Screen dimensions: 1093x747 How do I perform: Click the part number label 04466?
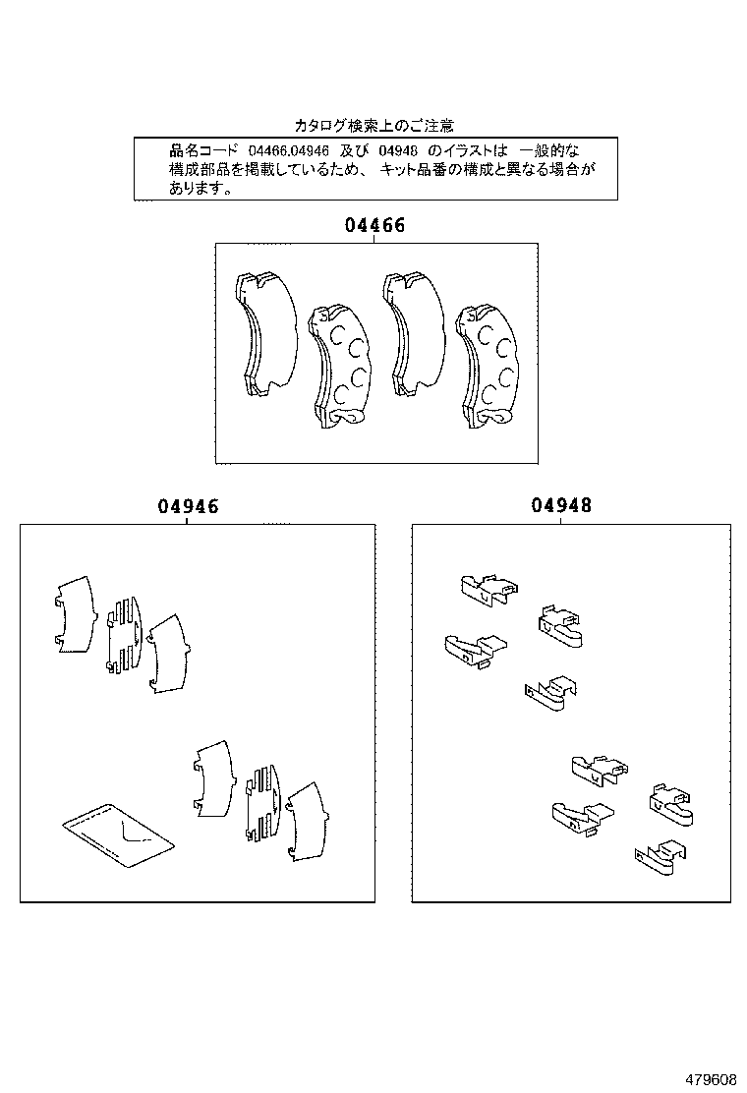tap(374, 225)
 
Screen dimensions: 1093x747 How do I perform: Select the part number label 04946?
tap(188, 507)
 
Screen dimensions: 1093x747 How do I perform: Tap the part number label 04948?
tap(561, 506)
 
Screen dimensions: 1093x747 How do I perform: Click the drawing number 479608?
tap(710, 1079)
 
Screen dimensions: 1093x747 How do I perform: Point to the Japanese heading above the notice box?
tap(373, 126)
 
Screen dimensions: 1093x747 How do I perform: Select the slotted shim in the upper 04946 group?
tap(123, 636)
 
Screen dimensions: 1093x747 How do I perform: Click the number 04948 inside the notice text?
tap(398, 150)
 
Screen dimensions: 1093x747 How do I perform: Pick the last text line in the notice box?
tap(201, 190)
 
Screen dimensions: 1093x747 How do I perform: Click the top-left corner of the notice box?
tap(135, 139)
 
